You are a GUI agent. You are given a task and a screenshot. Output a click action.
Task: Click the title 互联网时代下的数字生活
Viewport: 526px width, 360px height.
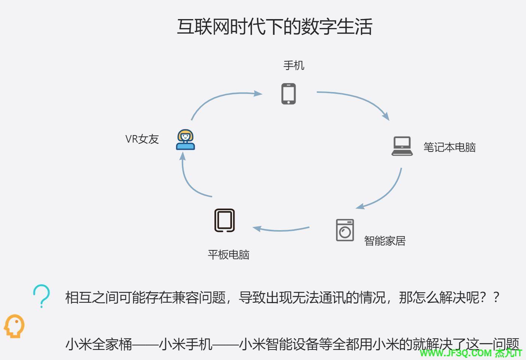tap(274, 27)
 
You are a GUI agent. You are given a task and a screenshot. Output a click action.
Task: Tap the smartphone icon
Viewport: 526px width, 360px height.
tap(288, 94)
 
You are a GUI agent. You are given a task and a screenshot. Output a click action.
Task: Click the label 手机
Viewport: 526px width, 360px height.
tap(294, 65)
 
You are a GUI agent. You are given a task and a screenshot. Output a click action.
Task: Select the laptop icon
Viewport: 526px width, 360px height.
tap(402, 146)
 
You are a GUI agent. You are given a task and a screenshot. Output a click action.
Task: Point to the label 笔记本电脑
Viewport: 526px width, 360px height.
tap(449, 147)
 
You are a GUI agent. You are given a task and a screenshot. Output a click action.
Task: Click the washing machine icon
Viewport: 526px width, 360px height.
tap(345, 230)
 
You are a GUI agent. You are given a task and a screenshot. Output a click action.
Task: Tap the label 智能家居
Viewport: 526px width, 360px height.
tap(385, 241)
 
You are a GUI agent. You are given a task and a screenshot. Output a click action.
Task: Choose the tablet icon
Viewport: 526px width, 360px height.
tap(224, 220)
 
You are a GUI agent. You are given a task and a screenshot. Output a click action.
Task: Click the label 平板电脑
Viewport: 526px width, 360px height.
tap(229, 255)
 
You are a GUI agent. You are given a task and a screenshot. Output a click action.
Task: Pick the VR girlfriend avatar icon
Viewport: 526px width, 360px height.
tap(186, 140)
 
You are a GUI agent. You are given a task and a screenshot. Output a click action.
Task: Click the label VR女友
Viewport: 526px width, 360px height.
tap(142, 139)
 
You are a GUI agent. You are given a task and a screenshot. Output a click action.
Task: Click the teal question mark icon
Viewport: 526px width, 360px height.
tap(42, 296)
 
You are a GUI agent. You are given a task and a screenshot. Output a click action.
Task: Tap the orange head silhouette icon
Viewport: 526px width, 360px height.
tap(14, 326)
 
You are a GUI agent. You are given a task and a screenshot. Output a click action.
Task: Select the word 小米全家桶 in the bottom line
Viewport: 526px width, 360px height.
tap(99, 344)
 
